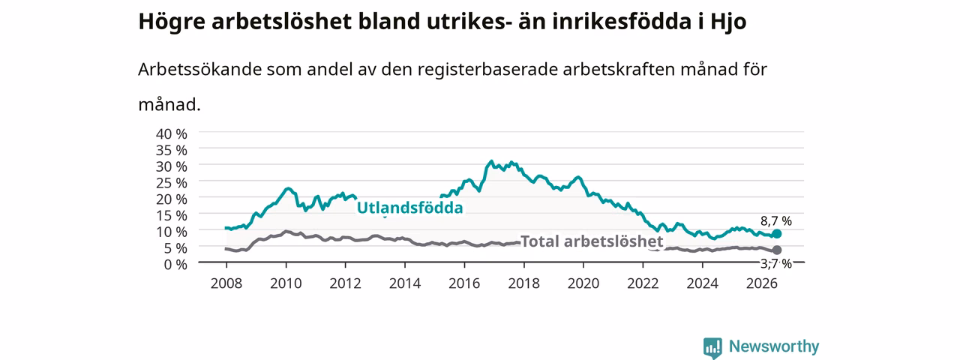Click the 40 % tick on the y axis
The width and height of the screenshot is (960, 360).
(x=172, y=133)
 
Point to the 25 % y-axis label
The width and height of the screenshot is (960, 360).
(x=172, y=182)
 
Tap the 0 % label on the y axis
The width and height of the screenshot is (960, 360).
(x=175, y=264)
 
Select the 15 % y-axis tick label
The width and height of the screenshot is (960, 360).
(x=172, y=215)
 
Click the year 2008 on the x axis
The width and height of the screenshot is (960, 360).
(x=226, y=283)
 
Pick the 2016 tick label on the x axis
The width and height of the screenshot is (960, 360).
(x=464, y=283)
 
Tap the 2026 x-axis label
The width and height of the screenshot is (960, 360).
(x=761, y=283)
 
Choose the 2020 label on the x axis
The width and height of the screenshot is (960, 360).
(x=583, y=283)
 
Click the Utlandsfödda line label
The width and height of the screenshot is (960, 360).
(x=409, y=208)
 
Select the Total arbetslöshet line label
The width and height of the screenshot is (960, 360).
(x=592, y=241)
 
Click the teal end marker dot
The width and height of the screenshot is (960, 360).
(x=776, y=234)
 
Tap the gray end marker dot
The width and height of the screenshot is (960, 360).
(x=776, y=250)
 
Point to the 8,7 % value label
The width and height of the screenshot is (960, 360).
(x=776, y=221)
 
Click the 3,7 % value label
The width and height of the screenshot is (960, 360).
(x=776, y=263)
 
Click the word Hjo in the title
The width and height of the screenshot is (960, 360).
(x=728, y=22)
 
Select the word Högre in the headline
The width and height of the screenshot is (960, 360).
(x=172, y=22)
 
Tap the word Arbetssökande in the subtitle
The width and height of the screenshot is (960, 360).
(x=199, y=69)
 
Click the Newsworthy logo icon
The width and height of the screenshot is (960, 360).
(x=712, y=347)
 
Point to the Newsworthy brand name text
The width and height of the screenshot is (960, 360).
(x=774, y=346)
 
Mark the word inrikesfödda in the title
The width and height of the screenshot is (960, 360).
(x=622, y=22)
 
